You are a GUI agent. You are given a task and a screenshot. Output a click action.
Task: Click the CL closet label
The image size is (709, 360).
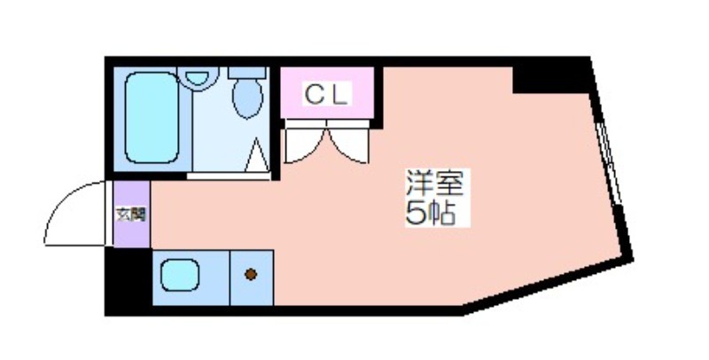click(327, 95)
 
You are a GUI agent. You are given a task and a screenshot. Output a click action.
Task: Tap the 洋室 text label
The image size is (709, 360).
click(434, 183)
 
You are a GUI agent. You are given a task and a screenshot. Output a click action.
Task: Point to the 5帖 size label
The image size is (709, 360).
click(430, 213)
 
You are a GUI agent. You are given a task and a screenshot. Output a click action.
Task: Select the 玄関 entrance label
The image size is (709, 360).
click(131, 215)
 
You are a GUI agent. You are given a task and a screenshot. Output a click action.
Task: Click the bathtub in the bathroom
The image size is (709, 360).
click(152, 118)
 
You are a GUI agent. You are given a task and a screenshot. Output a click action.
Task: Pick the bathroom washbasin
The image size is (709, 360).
click(198, 78)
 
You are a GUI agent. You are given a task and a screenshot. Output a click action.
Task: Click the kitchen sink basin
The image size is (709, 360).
click(180, 275)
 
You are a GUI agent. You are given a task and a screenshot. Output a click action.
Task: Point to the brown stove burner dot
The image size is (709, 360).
click(251, 274)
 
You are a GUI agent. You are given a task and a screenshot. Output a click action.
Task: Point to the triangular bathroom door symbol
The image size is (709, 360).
click(256, 155)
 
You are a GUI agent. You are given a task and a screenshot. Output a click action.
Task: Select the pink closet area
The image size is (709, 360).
click(327, 93)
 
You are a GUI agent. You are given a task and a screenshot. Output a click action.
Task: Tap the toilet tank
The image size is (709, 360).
click(247, 73)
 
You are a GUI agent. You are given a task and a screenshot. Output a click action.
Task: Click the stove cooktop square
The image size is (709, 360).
click(252, 278)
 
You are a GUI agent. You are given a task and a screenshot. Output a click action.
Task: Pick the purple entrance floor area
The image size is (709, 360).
click(131, 215)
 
